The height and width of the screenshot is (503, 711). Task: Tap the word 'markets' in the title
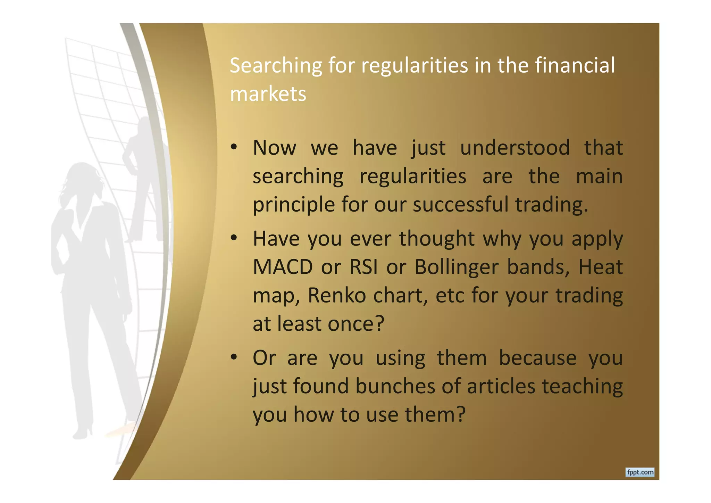click(x=268, y=94)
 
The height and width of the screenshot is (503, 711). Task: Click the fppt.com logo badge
click(x=640, y=472)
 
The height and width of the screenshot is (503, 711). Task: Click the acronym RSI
click(x=363, y=267)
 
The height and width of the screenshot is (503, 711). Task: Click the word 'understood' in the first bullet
click(x=515, y=148)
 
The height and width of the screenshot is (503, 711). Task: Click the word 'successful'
click(x=460, y=204)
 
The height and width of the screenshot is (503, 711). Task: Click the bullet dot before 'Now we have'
click(x=234, y=147)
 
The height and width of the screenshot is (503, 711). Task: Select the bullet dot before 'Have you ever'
click(x=234, y=238)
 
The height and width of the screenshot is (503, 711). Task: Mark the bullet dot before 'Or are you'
click(x=234, y=357)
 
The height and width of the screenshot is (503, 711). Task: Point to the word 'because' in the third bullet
click(x=538, y=358)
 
